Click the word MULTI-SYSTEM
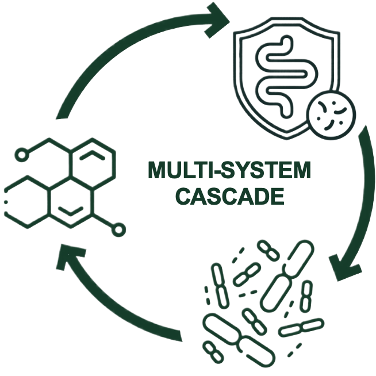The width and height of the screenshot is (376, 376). [229, 170]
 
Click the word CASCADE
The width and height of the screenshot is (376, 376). [230, 196]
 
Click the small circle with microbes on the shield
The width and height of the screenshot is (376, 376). [332, 115]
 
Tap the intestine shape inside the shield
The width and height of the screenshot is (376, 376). [286, 76]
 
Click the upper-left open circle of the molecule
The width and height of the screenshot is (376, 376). [22, 155]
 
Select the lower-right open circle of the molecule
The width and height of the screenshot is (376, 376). [118, 230]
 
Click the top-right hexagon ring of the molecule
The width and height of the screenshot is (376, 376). [93, 163]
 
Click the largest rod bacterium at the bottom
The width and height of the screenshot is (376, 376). [239, 340]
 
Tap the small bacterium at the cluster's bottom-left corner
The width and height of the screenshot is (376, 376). [213, 352]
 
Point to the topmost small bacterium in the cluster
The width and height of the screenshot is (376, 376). [268, 250]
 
